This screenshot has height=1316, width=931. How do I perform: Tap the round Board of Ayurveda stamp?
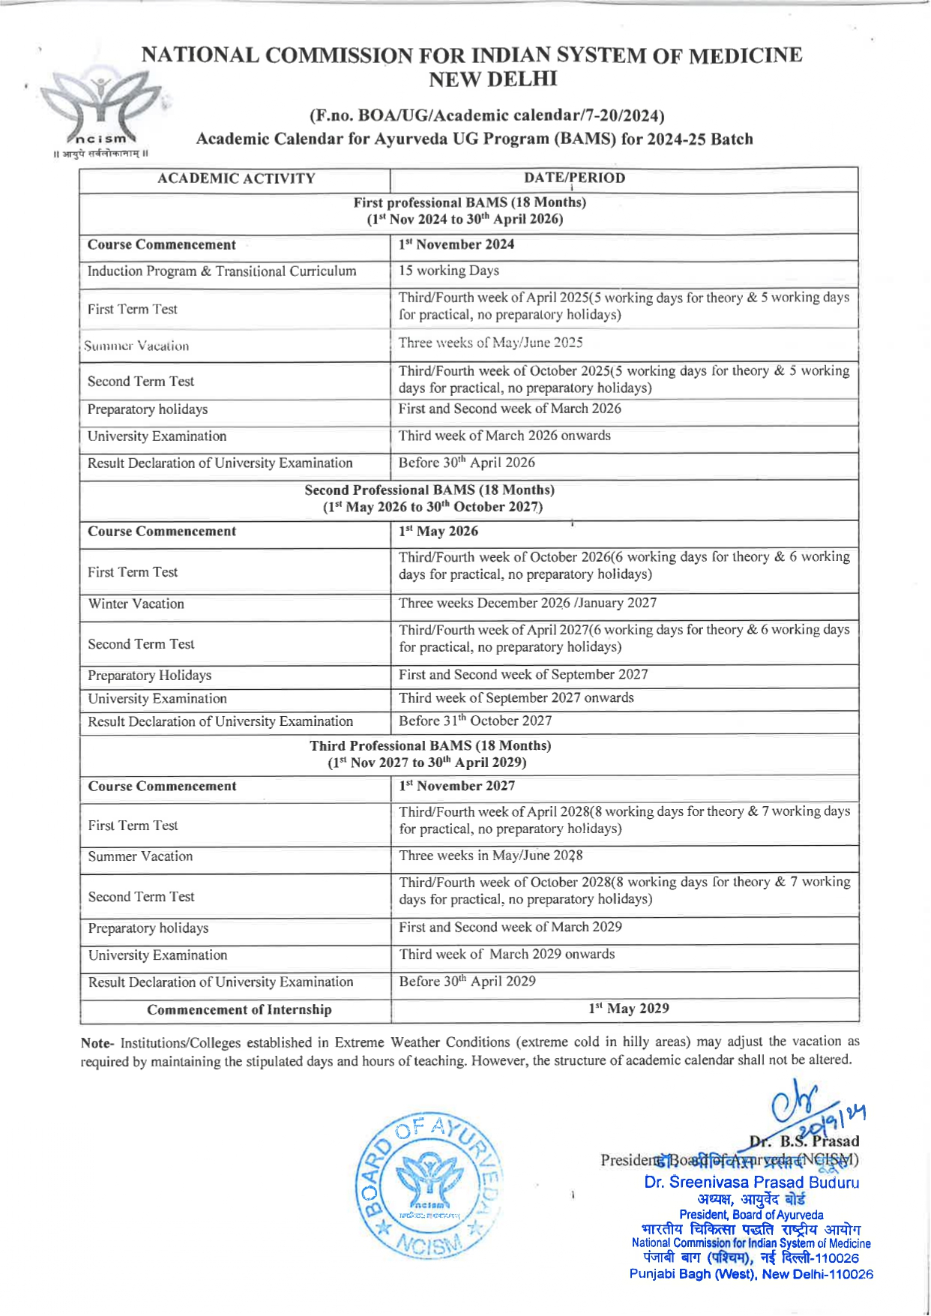[427, 1185]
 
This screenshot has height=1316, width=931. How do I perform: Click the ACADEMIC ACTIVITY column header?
[236, 178]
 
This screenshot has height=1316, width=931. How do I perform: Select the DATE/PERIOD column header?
[575, 178]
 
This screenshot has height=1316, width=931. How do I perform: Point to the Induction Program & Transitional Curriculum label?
[222, 271]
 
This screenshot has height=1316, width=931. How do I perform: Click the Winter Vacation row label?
[136, 604]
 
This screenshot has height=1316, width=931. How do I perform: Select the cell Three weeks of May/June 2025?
[490, 343]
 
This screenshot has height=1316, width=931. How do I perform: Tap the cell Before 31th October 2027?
[475, 721]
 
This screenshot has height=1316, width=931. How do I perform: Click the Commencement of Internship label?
[239, 1009]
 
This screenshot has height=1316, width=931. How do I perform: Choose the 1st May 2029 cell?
[629, 1009]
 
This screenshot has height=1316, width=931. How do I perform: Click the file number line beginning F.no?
[486, 115]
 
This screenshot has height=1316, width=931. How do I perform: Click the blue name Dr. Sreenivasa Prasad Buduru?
[751, 1183]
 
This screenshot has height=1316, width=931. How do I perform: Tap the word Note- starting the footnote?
[97, 1042]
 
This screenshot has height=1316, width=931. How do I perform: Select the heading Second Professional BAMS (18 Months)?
[430, 490]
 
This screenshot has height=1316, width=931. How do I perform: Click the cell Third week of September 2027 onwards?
[516, 698]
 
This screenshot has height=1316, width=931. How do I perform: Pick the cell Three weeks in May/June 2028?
[490, 856]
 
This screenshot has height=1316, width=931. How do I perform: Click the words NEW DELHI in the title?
[492, 79]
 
